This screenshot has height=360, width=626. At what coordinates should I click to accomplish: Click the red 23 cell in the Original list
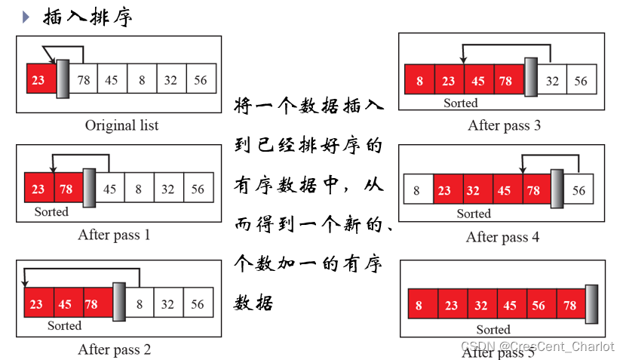click(39, 80)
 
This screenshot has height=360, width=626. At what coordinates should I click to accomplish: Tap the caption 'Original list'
click(121, 125)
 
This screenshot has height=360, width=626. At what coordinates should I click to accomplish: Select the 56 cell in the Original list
click(201, 80)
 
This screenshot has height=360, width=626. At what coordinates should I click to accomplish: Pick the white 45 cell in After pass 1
click(110, 189)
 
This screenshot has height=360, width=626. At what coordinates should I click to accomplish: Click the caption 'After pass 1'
click(114, 235)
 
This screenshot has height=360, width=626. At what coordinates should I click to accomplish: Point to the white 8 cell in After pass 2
click(140, 304)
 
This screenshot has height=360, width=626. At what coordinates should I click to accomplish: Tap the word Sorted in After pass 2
click(64, 325)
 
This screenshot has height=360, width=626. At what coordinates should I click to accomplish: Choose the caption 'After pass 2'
click(114, 349)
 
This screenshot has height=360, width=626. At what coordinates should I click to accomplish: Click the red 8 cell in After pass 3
click(419, 81)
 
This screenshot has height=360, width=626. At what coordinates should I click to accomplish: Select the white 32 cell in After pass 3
click(553, 81)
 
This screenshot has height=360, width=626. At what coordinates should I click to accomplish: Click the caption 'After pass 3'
click(504, 125)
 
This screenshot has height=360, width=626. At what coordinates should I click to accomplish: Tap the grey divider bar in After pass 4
click(557, 189)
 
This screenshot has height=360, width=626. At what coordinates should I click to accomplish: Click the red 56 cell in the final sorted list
click(540, 306)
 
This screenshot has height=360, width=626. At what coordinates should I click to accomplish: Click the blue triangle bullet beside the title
click(26, 17)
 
